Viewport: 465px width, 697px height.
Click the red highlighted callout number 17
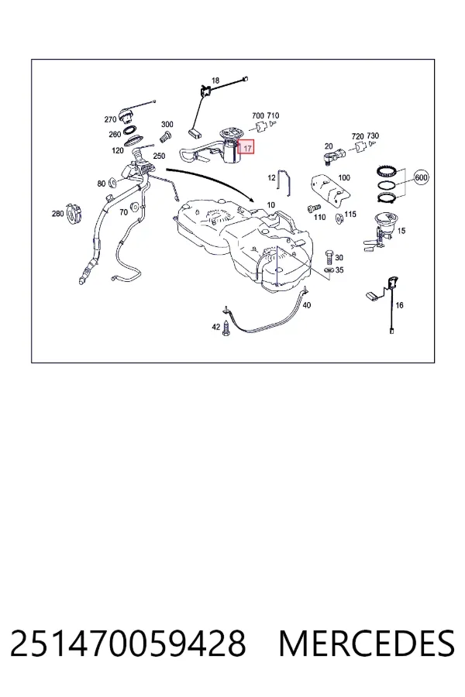(x=247, y=149)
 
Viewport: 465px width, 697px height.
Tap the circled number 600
(x=421, y=177)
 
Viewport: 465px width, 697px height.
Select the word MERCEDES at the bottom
(x=367, y=644)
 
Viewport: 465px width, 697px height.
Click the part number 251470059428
(x=128, y=644)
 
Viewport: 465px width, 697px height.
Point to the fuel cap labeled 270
(x=126, y=115)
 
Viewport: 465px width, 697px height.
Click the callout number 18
(x=215, y=81)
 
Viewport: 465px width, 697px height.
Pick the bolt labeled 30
(x=329, y=257)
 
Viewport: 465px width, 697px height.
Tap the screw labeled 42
(x=227, y=328)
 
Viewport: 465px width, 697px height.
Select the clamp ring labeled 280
(x=74, y=213)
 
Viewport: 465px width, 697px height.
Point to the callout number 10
(x=271, y=205)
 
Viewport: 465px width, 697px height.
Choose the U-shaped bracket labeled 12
(x=284, y=182)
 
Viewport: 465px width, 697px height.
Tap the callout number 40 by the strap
(x=307, y=305)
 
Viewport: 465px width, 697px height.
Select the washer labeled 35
(x=329, y=270)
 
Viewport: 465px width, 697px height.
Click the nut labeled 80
(x=112, y=181)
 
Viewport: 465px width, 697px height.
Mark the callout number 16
(x=399, y=305)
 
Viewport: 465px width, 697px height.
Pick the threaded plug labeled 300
(x=166, y=136)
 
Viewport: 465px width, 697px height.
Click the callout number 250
(x=159, y=156)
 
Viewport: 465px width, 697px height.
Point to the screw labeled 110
(x=314, y=208)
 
